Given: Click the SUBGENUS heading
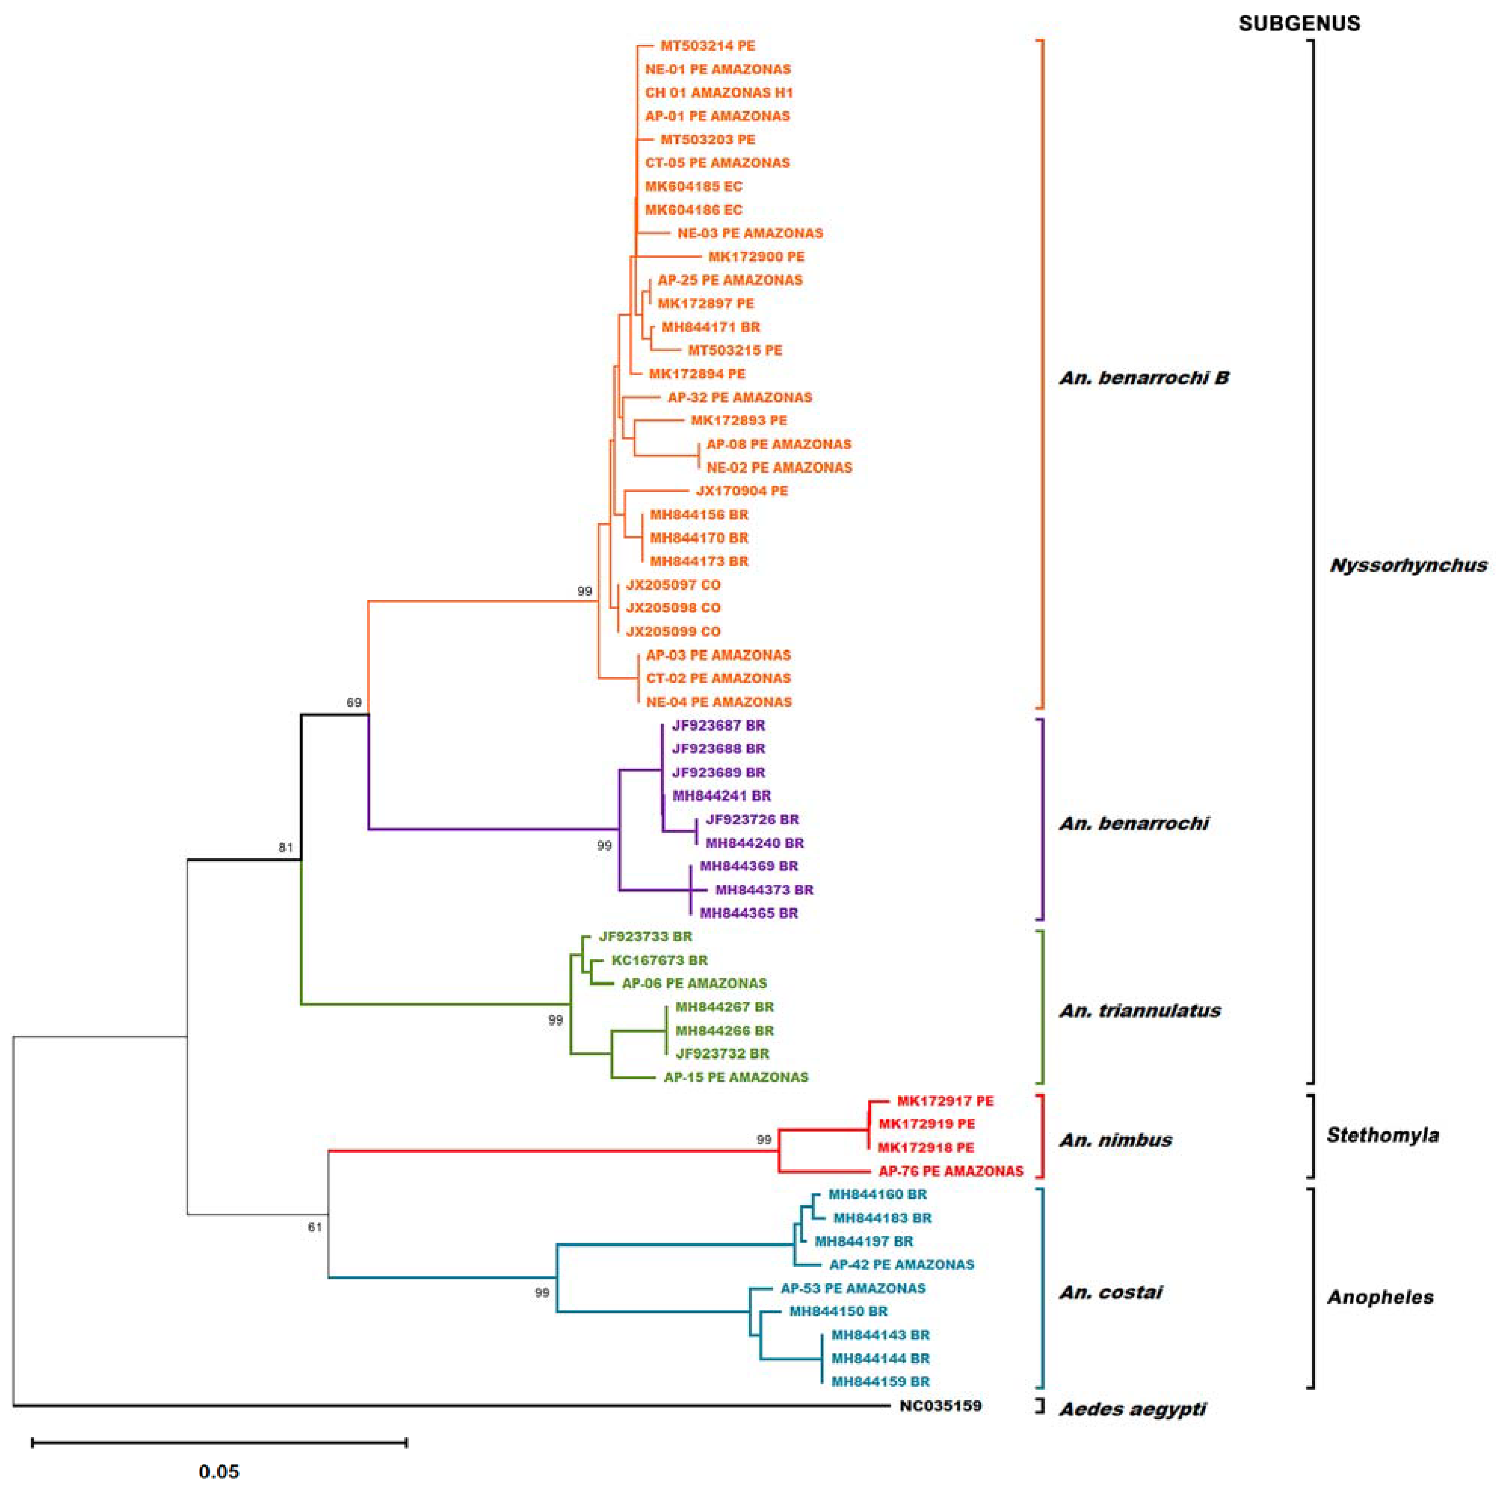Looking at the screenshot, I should tap(1299, 23).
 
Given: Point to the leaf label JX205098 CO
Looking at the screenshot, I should tap(673, 607).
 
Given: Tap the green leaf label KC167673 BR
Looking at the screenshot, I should tap(659, 960).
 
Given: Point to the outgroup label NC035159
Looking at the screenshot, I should tap(940, 1405).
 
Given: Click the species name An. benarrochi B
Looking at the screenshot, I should tap(1144, 378).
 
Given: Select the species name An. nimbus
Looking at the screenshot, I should tap(1115, 1140).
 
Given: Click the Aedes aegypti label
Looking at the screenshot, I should tap(1132, 1409).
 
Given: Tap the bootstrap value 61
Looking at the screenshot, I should tap(314, 1227).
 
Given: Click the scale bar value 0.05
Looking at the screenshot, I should tap(219, 1470).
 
